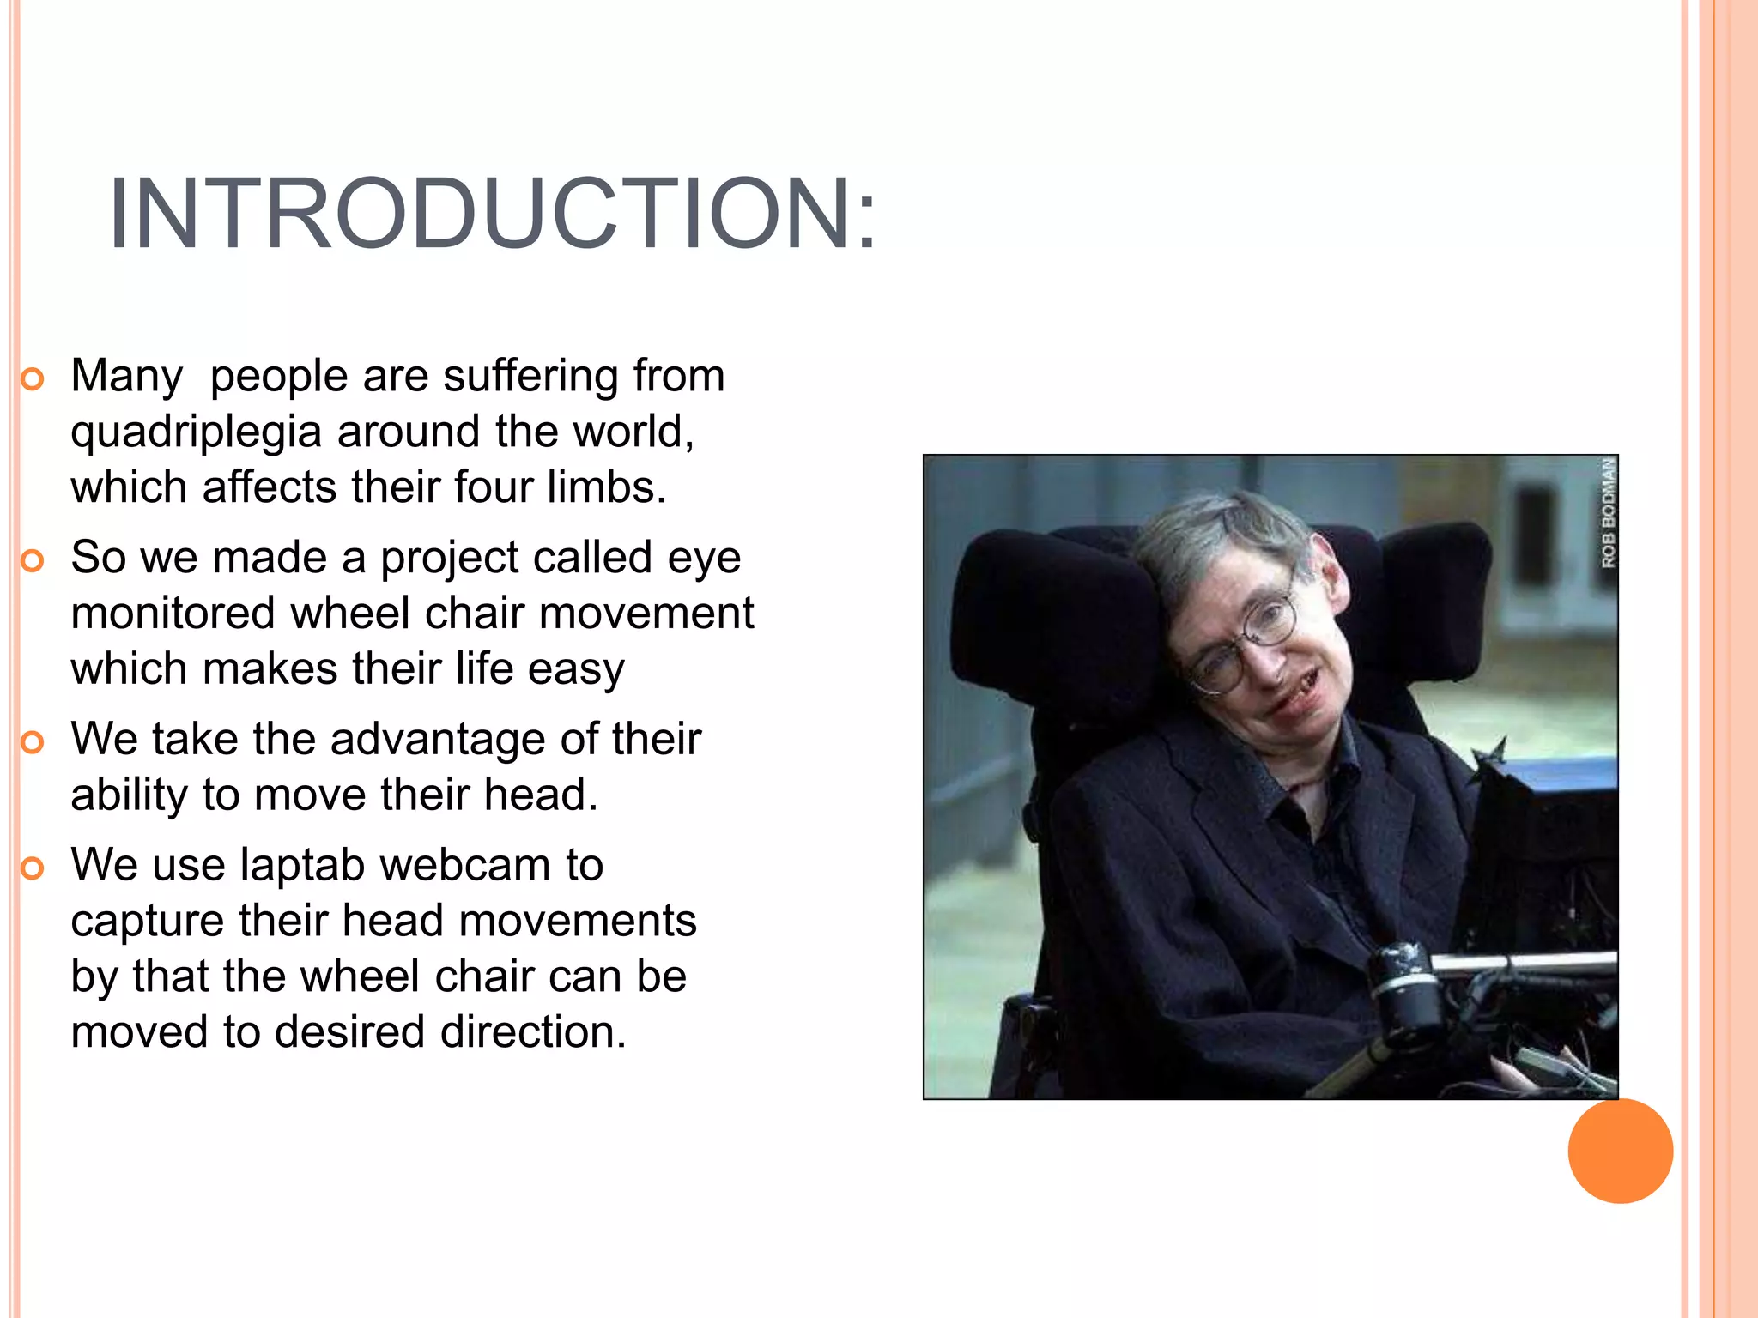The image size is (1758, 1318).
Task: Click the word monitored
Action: tap(173, 614)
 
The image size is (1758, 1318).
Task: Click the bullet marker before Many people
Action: tap(32, 379)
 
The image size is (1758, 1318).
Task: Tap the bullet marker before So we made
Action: tap(32, 561)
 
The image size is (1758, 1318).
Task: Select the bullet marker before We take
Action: tap(32, 742)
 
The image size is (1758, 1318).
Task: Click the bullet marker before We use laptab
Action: tap(32, 868)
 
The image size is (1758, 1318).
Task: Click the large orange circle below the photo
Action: tap(1620, 1151)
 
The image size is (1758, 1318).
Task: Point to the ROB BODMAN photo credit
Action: tap(1608, 512)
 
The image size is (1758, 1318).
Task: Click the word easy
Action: tap(576, 670)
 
